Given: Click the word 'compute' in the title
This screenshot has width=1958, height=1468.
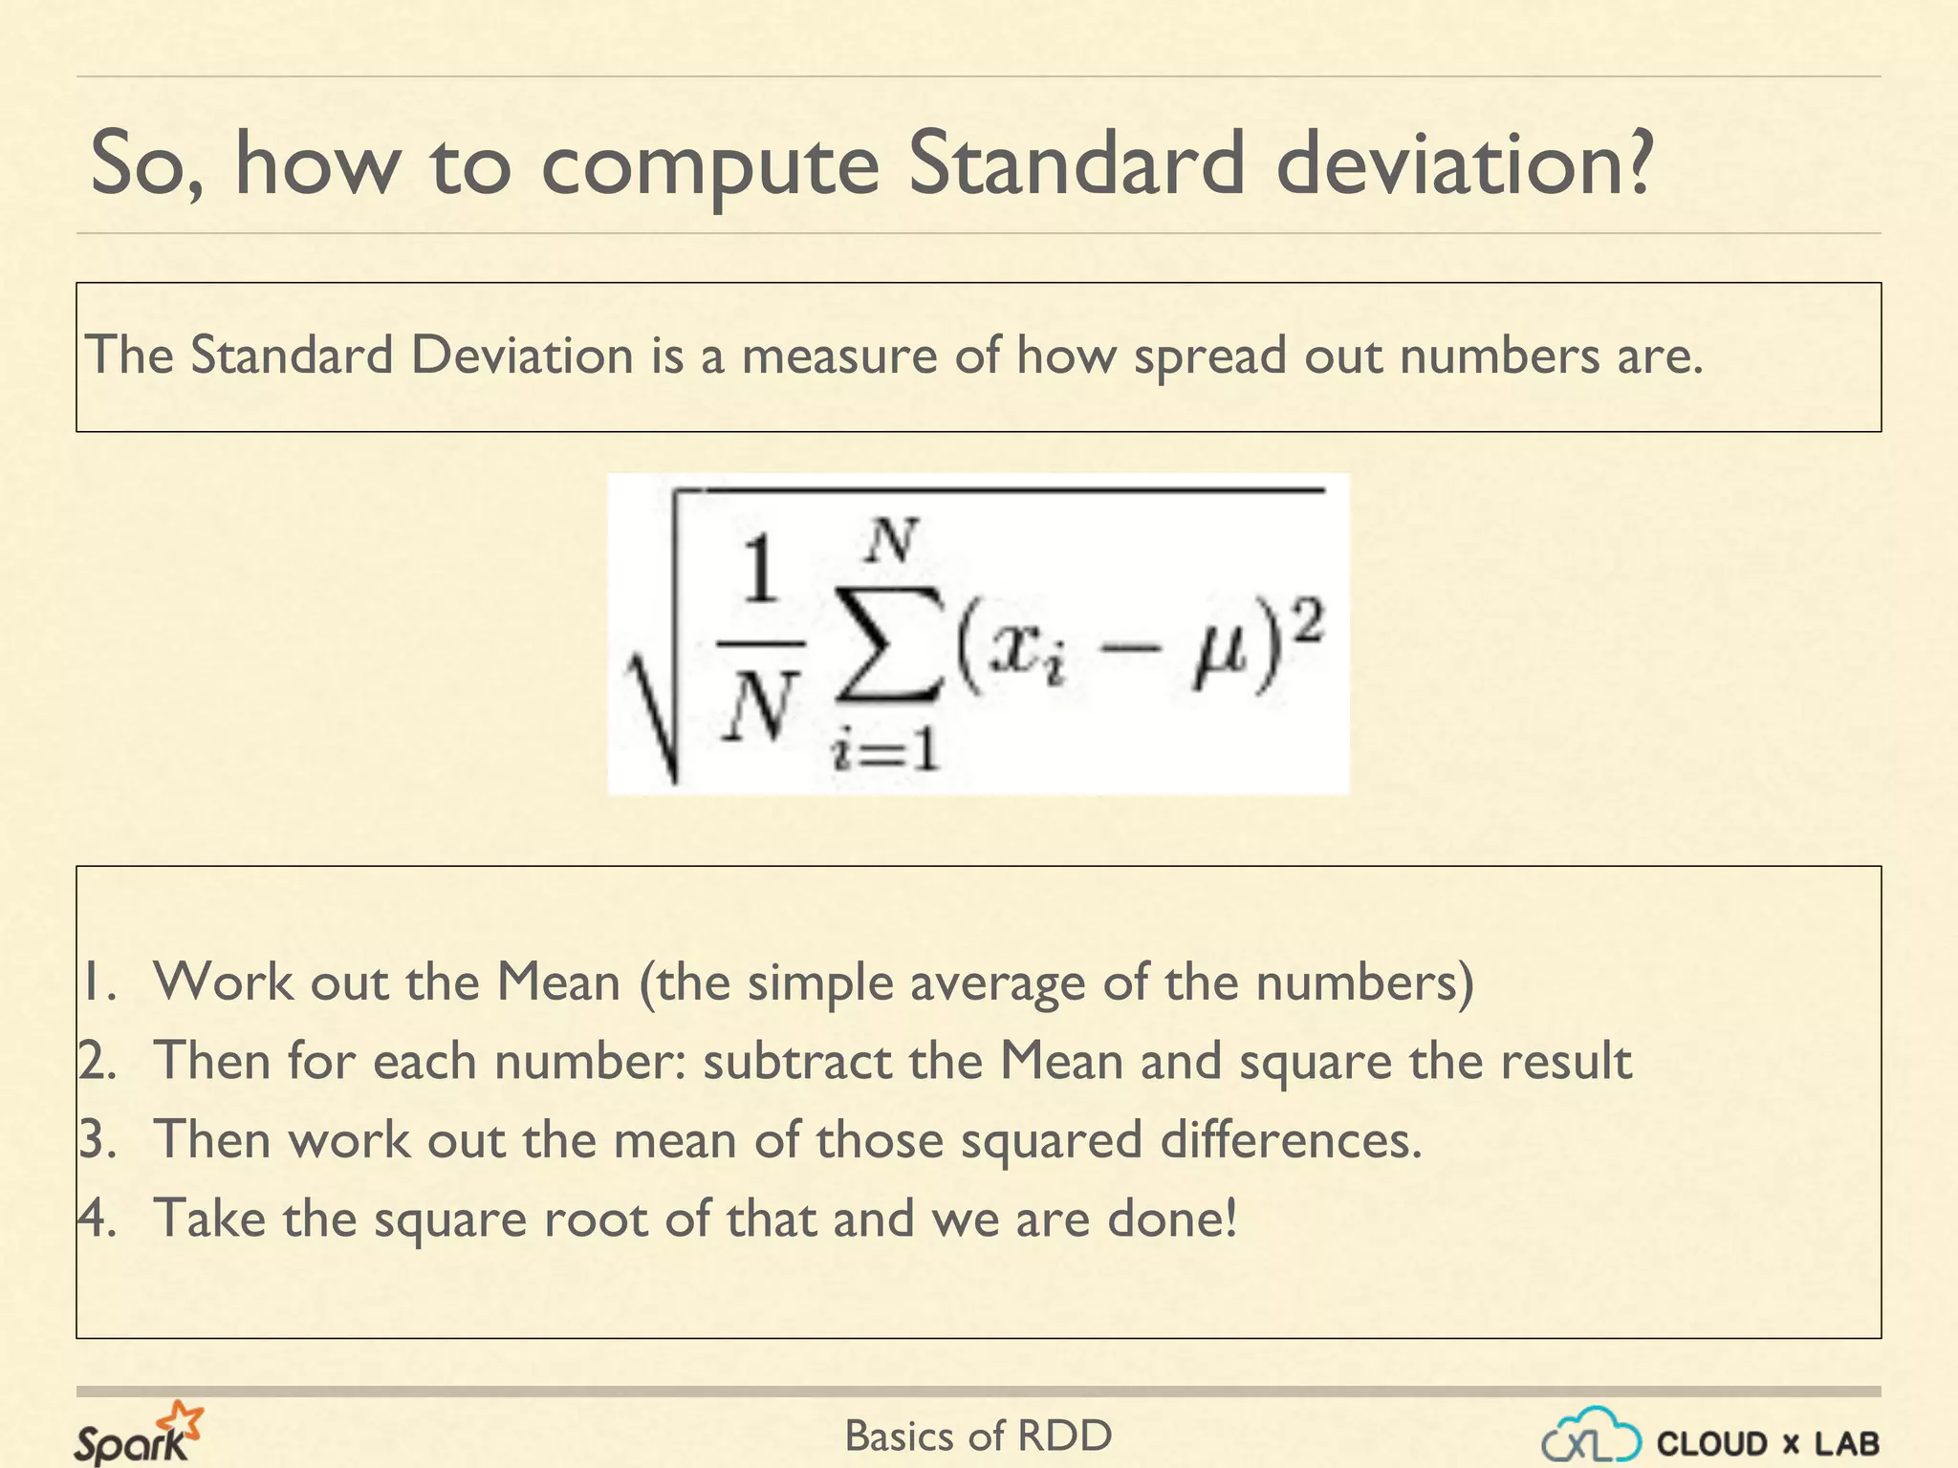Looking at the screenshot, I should coord(708,165).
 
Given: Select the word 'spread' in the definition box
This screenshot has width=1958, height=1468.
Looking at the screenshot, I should coord(1209,356).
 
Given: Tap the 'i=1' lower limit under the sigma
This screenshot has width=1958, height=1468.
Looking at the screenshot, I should coord(885,750).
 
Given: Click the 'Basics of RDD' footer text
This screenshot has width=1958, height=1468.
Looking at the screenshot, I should coord(978,1436).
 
